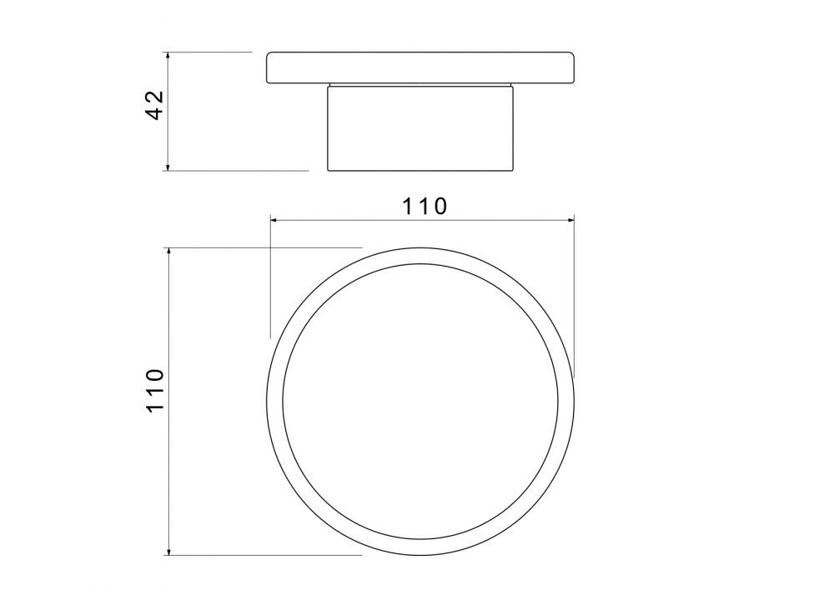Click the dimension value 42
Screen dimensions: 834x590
click(x=154, y=105)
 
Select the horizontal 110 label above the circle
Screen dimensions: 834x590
click(x=424, y=206)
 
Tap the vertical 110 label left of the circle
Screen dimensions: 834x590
click(x=154, y=390)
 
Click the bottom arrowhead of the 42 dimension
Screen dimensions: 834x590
click(x=168, y=167)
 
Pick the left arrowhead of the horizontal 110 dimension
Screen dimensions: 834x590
click(x=274, y=219)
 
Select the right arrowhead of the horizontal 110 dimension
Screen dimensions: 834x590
click(x=570, y=219)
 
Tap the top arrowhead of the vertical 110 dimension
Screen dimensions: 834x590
click(x=168, y=252)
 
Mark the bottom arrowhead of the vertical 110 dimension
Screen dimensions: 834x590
click(x=168, y=551)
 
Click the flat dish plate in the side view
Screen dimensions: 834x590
click(x=420, y=68)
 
